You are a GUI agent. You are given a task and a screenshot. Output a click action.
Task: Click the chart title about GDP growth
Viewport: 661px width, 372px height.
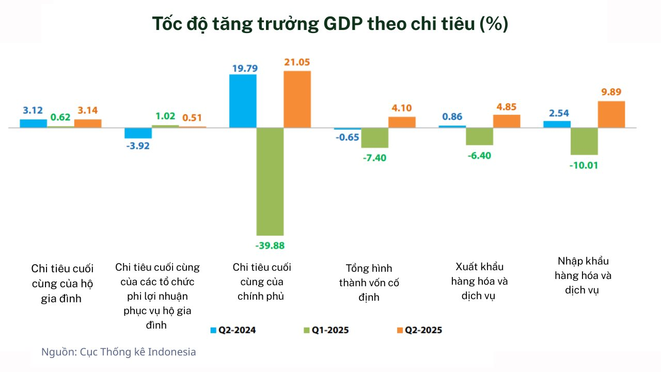click(330, 24)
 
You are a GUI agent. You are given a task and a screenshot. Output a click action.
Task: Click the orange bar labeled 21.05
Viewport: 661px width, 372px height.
click(297, 99)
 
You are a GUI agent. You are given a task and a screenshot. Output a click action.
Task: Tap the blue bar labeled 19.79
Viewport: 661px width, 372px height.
click(243, 101)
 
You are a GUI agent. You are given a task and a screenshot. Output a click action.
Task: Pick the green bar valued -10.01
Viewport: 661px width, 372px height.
click(584, 141)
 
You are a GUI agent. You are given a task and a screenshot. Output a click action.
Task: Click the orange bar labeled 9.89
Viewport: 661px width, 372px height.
click(611, 114)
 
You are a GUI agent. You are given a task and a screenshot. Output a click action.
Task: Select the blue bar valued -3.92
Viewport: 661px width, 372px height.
click(138, 133)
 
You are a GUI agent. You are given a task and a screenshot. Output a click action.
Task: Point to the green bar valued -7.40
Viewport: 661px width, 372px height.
click(374, 137)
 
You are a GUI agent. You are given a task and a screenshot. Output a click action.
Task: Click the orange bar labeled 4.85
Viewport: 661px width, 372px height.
click(507, 121)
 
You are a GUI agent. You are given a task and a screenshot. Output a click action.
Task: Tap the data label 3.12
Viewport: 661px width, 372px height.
click(33, 110)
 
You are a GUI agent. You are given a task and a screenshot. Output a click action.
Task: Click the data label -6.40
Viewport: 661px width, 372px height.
click(479, 155)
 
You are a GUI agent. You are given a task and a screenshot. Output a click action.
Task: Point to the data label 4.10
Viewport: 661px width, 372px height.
click(402, 108)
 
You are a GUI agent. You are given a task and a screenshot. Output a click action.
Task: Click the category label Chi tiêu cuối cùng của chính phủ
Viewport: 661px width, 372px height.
click(262, 282)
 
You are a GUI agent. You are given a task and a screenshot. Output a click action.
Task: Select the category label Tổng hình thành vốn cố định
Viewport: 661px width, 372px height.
click(369, 283)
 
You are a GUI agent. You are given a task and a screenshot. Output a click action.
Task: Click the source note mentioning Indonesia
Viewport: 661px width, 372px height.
click(119, 352)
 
